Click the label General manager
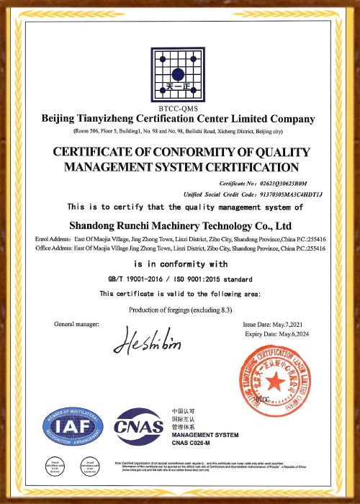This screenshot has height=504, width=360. pyautogui.click(x=80, y=325)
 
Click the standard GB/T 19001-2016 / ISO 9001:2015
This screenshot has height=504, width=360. pyautogui.click(x=179, y=279)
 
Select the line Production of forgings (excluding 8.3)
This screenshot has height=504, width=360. pyautogui.click(x=179, y=310)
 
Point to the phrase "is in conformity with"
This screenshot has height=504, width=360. pyautogui.click(x=179, y=264)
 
